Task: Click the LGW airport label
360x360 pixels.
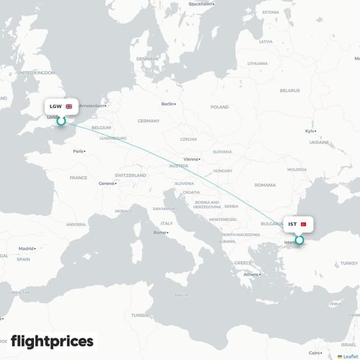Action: [55, 107]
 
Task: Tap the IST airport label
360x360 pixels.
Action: [292, 224]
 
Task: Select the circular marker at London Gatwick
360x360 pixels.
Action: [62, 121]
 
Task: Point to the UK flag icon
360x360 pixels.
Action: [69, 107]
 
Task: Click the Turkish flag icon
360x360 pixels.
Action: [303, 224]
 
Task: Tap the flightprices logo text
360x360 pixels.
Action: [52, 341]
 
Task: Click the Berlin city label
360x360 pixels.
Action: [168, 104]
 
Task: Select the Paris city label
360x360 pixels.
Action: [78, 151]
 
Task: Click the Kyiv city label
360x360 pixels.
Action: [310, 131]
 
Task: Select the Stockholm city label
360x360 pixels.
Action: [200, 4]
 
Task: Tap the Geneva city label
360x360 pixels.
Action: [106, 183]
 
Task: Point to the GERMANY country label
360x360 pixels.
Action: [148, 121]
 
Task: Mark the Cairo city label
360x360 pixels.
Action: [315, 353]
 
